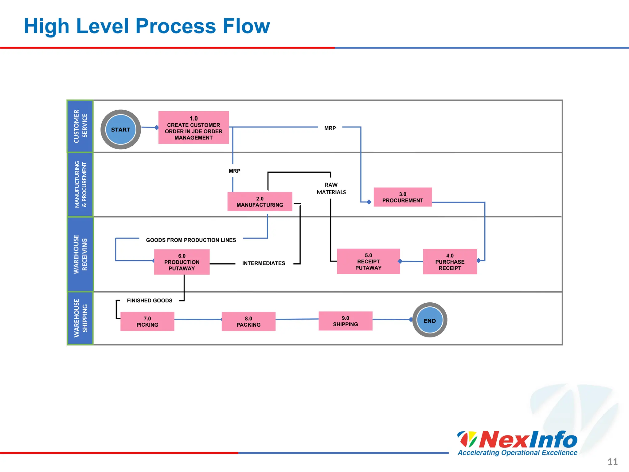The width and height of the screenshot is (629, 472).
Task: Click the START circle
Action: (x=121, y=130)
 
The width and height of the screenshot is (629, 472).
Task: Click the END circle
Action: (x=430, y=320)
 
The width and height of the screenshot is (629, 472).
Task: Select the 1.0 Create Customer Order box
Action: (x=193, y=128)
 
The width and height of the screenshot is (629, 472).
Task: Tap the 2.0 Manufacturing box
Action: (x=260, y=202)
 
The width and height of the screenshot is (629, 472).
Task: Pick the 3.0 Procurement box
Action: (x=403, y=197)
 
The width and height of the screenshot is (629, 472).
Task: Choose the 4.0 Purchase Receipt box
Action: (x=450, y=262)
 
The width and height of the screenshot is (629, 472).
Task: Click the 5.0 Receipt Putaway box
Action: (x=368, y=261)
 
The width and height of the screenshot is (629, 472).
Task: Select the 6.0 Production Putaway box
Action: (x=182, y=262)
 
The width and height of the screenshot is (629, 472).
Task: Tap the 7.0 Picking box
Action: (x=147, y=321)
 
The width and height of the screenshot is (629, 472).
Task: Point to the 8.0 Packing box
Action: (x=248, y=321)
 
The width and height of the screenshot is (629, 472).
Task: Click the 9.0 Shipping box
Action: (x=346, y=321)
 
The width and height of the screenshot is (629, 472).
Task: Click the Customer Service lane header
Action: (x=80, y=126)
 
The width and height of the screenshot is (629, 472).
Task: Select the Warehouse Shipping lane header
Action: (x=80, y=318)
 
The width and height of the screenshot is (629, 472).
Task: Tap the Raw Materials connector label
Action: (x=331, y=188)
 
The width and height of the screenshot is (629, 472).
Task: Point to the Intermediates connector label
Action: (x=264, y=263)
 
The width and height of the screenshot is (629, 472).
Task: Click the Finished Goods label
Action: (x=150, y=301)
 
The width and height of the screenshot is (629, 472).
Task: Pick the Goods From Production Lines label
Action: (x=191, y=240)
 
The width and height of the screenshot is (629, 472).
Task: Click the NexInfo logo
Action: (x=518, y=442)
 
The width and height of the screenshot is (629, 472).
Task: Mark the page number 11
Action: (x=612, y=462)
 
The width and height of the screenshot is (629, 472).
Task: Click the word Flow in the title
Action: (x=246, y=26)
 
